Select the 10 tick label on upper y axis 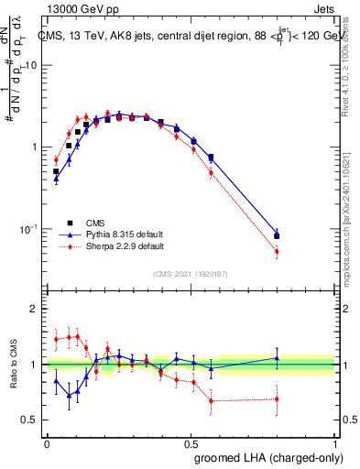[30, 65]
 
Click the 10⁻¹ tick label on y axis [28, 228]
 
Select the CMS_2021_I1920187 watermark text [190, 273]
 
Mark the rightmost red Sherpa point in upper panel [277, 251]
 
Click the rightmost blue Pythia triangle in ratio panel [277, 358]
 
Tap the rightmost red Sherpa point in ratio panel [277, 398]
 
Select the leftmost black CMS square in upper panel [56, 171]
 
